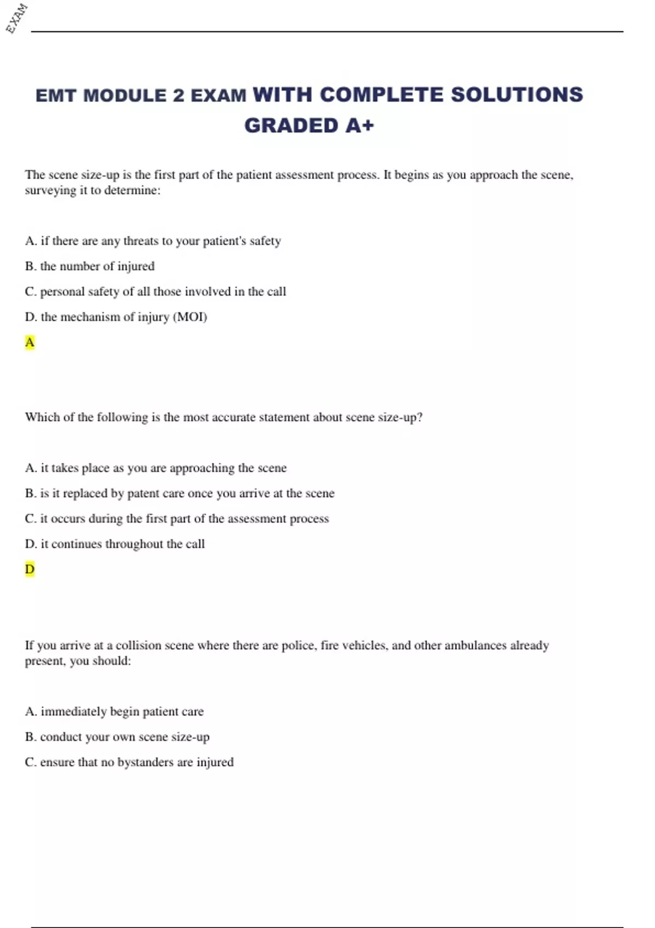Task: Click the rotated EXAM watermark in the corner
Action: click(16, 18)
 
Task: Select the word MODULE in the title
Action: click(125, 96)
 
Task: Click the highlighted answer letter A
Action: click(29, 342)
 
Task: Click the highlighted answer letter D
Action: click(29, 569)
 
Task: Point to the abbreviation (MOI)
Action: click(190, 317)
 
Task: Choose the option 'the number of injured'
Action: click(97, 266)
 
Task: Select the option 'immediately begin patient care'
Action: click(122, 712)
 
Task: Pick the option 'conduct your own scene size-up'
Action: click(124, 737)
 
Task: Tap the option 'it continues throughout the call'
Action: click(122, 544)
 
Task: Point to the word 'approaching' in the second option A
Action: click(201, 468)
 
